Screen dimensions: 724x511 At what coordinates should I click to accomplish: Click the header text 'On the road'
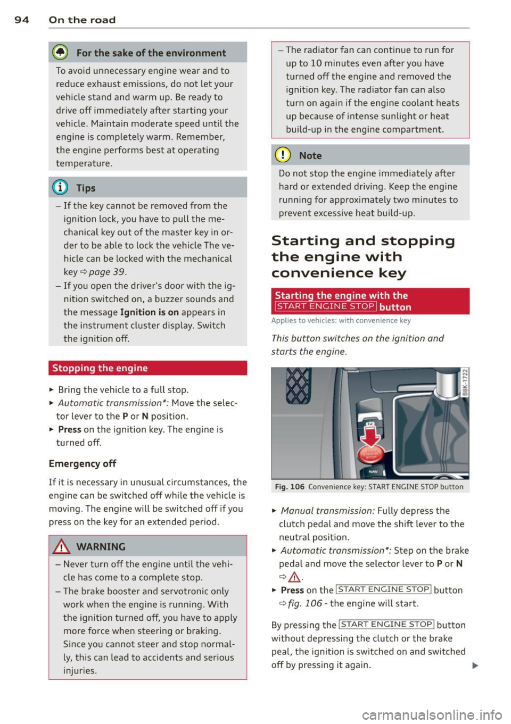pyautogui.click(x=82, y=20)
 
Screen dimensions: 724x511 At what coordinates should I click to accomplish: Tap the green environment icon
pyautogui.click(x=60, y=53)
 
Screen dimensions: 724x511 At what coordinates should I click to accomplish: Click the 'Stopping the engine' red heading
pyautogui.click(x=100, y=368)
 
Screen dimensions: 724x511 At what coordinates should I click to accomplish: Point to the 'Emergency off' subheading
pyautogui.click(x=83, y=463)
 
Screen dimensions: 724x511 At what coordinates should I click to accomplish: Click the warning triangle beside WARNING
pyautogui.click(x=62, y=546)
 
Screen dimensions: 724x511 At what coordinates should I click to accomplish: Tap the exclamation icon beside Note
pyautogui.click(x=283, y=155)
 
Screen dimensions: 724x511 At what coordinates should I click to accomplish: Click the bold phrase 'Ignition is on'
pyautogui.click(x=150, y=312)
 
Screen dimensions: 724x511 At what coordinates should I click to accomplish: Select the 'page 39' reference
pyautogui.click(x=106, y=272)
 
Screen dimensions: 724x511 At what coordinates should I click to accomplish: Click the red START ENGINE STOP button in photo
pyautogui.click(x=370, y=453)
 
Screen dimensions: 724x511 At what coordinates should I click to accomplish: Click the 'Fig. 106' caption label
pyautogui.click(x=290, y=487)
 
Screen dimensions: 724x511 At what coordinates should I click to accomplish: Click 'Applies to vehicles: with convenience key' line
pyautogui.click(x=341, y=321)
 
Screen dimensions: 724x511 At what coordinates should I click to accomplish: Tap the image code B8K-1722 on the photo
pyautogui.click(x=464, y=383)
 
